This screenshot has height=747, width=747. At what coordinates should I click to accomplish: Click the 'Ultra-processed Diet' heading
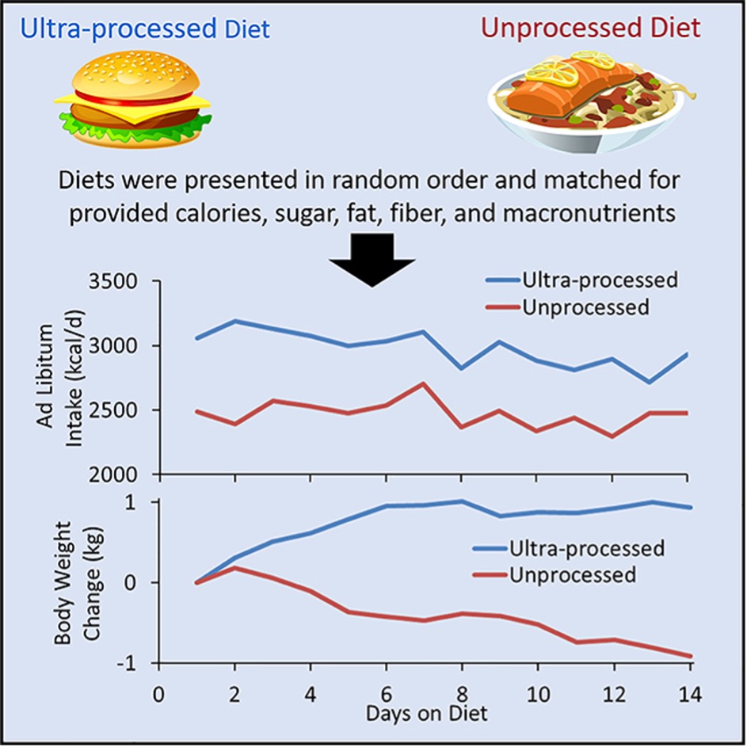click(145, 29)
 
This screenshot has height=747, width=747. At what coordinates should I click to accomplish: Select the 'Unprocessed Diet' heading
click(590, 29)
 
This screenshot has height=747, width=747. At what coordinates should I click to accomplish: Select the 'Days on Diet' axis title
click(425, 712)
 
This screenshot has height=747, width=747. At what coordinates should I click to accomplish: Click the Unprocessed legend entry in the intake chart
click(586, 307)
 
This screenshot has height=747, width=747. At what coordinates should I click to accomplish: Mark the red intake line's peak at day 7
click(424, 383)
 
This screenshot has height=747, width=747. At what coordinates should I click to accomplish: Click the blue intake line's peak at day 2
click(235, 321)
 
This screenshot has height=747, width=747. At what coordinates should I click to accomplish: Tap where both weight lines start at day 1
click(197, 582)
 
